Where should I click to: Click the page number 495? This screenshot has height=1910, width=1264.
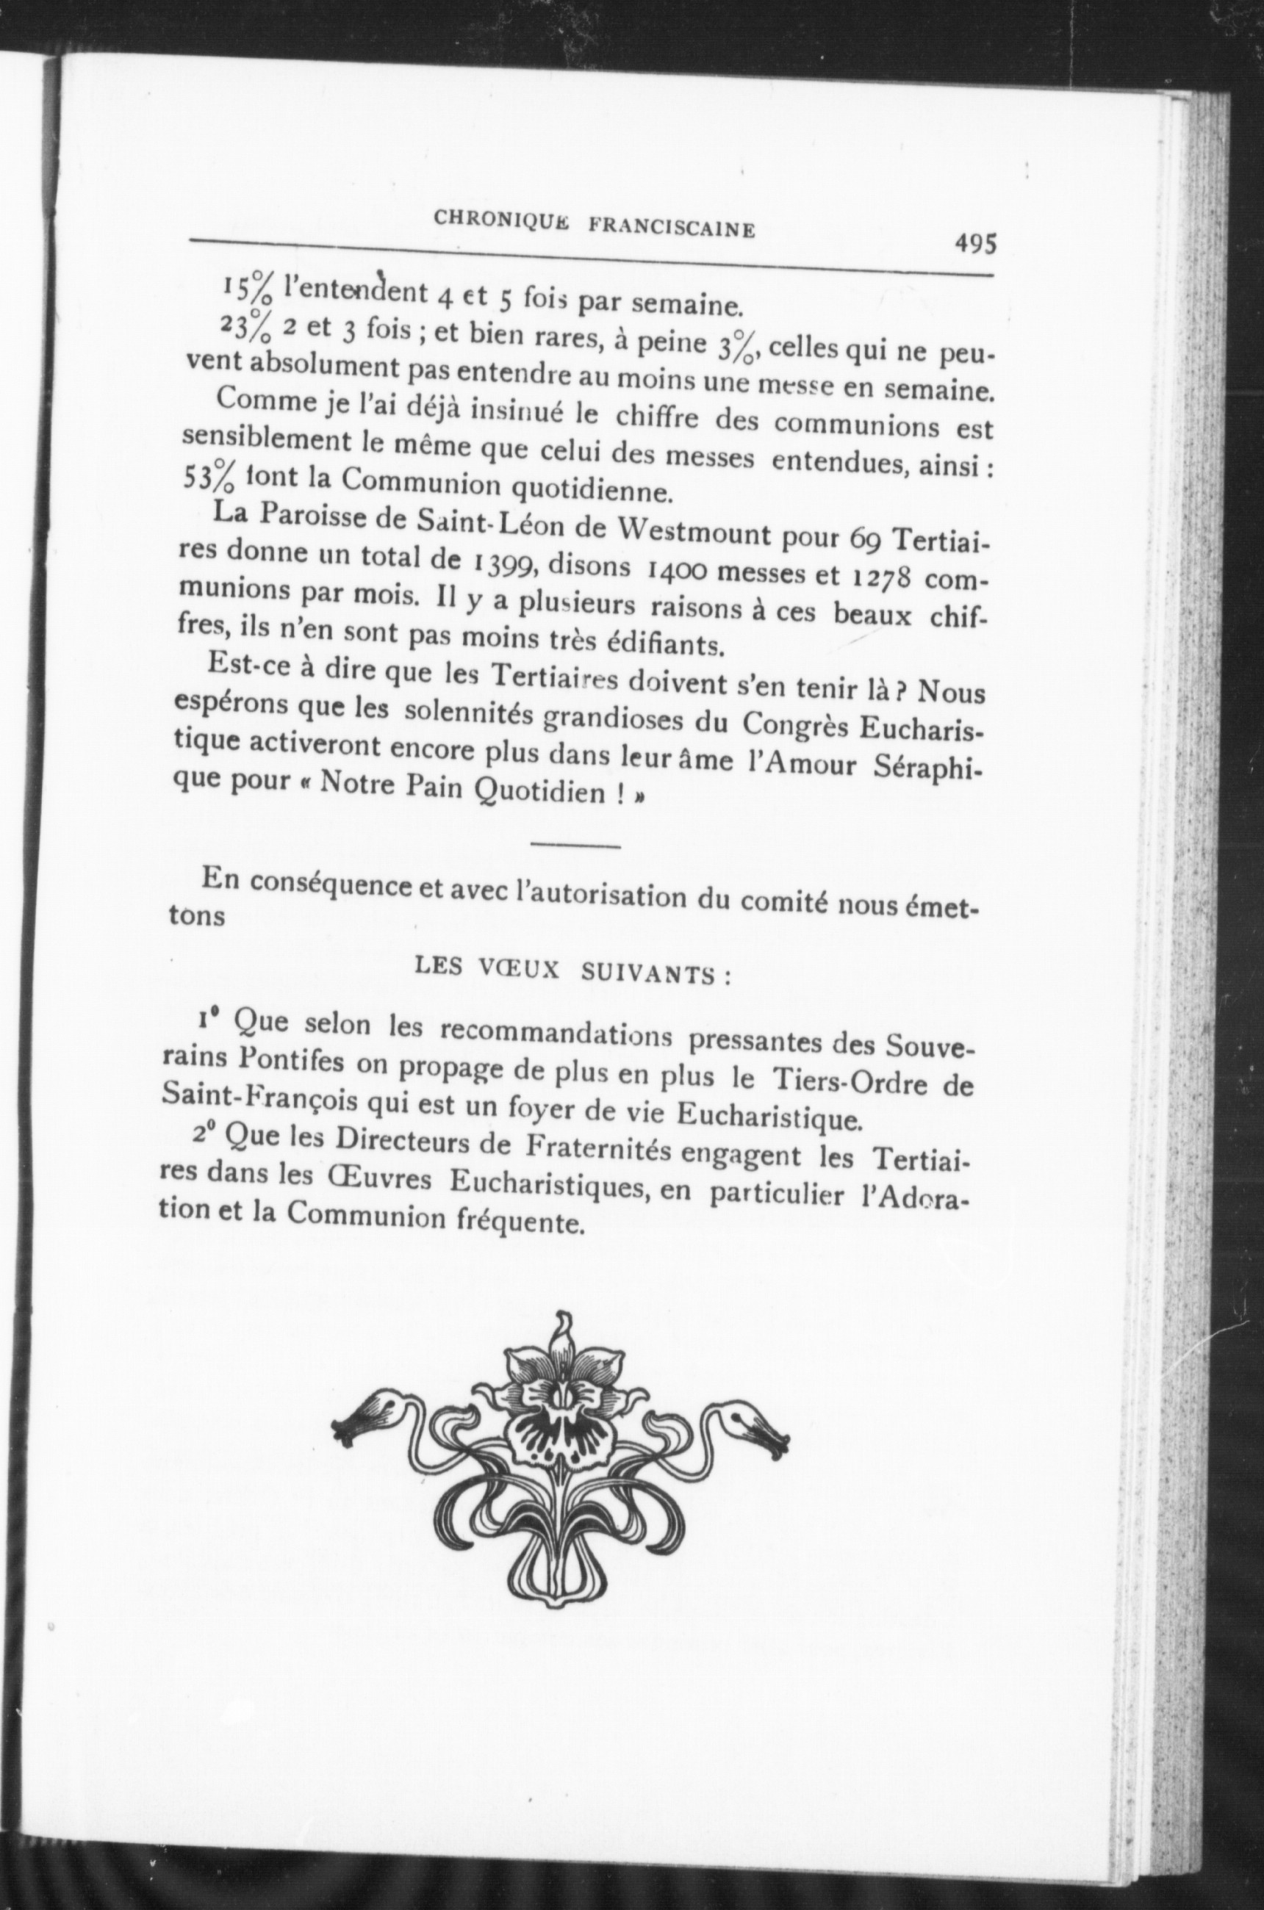(975, 242)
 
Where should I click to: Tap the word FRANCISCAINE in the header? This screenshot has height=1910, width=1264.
(672, 227)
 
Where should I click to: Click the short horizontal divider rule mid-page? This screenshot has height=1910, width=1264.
(575, 846)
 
